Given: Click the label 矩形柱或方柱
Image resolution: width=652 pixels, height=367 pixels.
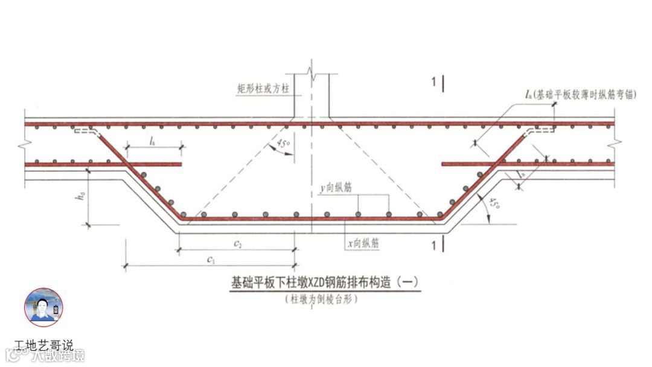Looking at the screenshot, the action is point(263,88).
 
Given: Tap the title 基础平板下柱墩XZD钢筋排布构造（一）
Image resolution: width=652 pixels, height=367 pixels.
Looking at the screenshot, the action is point(325,282).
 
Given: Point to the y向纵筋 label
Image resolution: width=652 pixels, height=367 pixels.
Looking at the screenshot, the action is point(337,188).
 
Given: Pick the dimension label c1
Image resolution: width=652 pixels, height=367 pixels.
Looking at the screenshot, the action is point(211,259).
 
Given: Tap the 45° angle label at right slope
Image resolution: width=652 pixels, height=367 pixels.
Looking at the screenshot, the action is point(494,205).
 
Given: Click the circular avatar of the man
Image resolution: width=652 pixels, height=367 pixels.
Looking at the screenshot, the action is point(43,307).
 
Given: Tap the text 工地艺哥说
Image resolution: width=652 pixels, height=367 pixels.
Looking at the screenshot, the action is point(44,346).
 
